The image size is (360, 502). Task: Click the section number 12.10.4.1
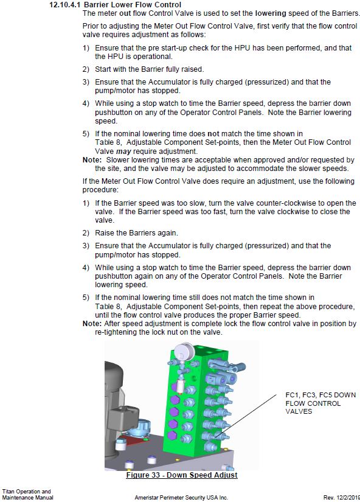[64, 5]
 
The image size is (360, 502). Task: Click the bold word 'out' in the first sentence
[125, 13]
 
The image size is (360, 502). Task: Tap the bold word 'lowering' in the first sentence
[271, 13]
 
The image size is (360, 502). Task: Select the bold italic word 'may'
[123, 152]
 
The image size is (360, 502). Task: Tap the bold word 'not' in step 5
[213, 134]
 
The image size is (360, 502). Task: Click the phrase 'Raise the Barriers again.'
[136, 233]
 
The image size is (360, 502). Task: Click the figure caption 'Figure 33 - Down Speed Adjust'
[182, 475]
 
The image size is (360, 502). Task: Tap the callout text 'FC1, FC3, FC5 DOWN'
[320, 395]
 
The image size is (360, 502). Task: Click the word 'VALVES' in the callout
[299, 411]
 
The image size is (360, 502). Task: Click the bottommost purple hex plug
[173, 435]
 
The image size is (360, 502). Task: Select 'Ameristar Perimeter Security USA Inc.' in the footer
[181, 498]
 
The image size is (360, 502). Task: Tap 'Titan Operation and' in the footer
[27, 492]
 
